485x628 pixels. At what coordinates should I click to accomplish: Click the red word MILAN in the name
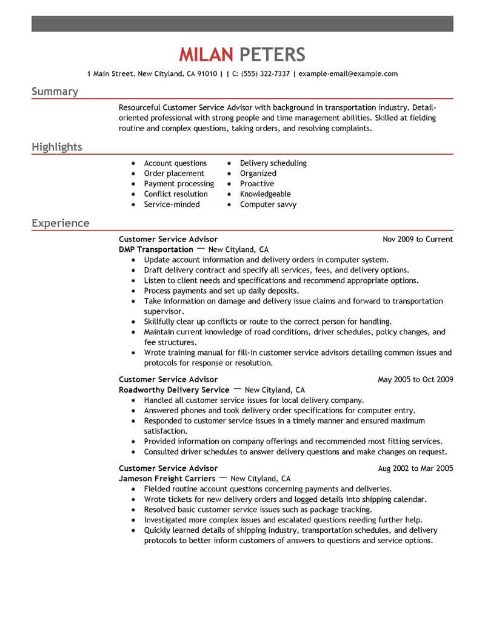point(206,55)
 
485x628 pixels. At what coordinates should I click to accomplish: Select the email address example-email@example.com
point(348,74)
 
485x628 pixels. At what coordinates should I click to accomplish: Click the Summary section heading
point(55,92)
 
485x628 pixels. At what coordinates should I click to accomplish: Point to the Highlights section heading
point(57,147)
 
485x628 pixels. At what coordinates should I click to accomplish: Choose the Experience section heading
point(60,223)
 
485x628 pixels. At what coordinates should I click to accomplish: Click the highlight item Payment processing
point(179,184)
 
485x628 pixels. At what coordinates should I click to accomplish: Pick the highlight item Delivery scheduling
point(273,163)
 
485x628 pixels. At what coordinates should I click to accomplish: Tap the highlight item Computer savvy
point(268,204)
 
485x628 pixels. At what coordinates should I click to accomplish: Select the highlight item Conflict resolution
point(176,194)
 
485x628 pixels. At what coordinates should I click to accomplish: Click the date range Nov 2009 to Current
point(418,239)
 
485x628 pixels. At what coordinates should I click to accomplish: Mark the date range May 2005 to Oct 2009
point(415,380)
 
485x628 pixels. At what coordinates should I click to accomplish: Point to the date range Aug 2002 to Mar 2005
point(415,468)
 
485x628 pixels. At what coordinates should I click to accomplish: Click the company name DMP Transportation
point(156,249)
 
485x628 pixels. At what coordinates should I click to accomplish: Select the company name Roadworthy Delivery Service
point(174,390)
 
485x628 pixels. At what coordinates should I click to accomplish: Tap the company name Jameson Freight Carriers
point(167,478)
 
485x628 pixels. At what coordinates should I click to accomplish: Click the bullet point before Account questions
point(133,164)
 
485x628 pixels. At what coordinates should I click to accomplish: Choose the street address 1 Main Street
point(110,74)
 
